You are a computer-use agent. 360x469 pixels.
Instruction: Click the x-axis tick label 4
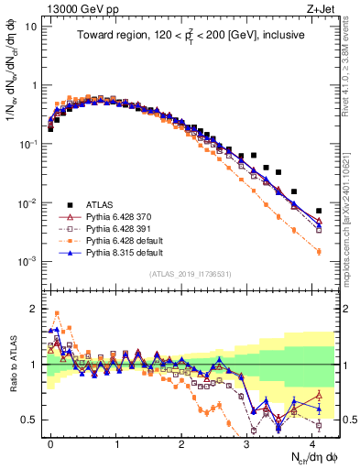click(312, 442)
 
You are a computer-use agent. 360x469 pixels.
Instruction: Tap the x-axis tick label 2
click(181, 442)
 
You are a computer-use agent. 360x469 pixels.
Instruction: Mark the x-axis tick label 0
click(51, 442)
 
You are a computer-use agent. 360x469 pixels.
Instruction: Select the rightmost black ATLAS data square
click(319, 210)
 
